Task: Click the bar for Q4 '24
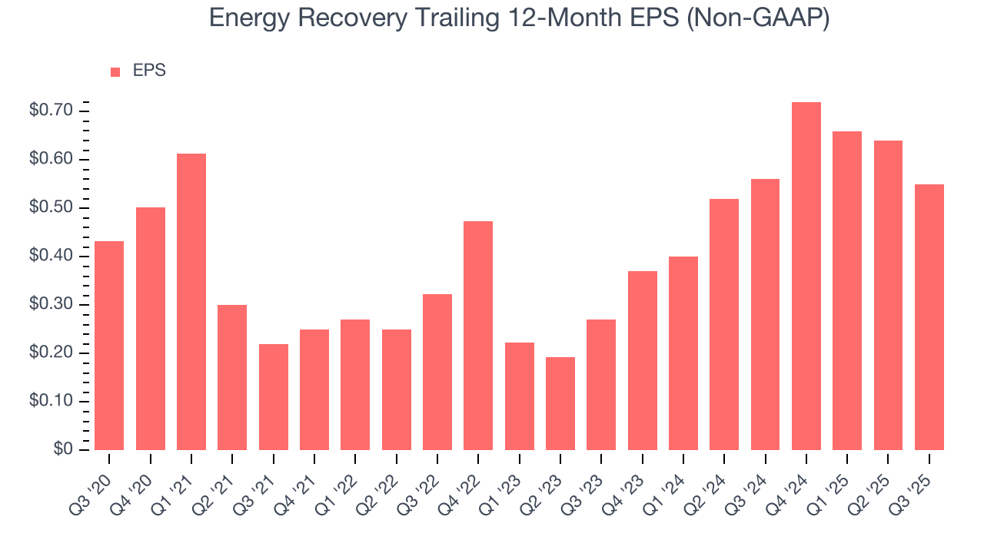806,276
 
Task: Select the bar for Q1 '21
191,302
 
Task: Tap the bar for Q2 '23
560,403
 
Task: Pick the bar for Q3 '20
109,346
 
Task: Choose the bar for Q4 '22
478,336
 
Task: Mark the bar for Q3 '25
929,317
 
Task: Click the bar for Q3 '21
273,397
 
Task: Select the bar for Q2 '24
724,324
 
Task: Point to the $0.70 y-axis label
51,111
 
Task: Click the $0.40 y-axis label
51,257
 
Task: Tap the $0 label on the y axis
62,450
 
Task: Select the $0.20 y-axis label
51,353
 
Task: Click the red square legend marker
115,72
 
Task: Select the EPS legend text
149,71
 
